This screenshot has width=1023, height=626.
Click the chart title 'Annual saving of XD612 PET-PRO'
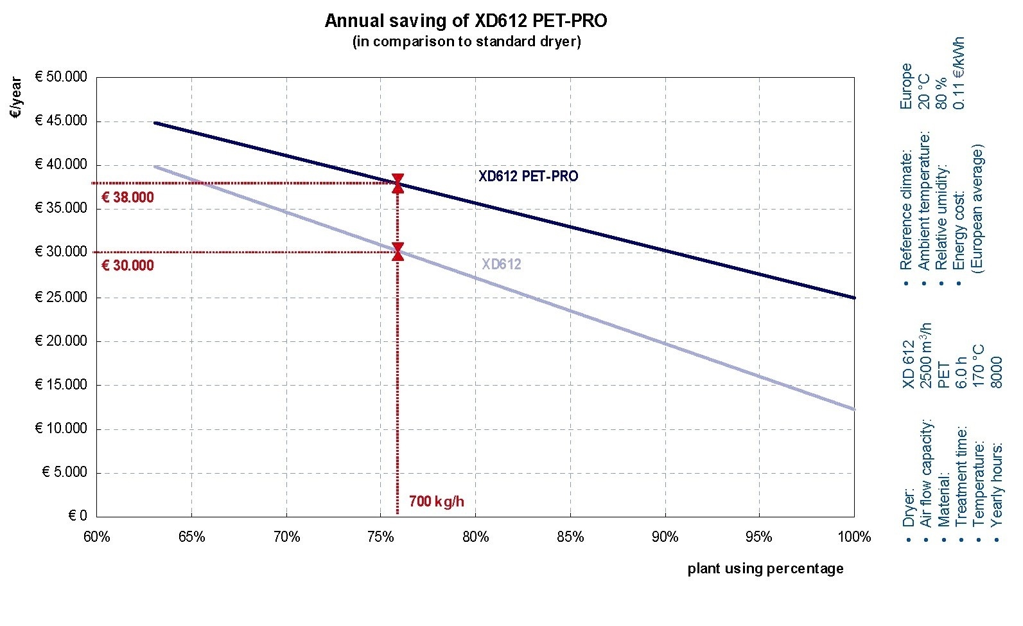click(x=466, y=21)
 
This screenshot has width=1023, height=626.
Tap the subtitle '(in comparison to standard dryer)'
click(x=466, y=42)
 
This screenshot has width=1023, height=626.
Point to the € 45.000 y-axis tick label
click(x=61, y=121)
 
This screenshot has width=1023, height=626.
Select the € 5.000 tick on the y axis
click(x=64, y=472)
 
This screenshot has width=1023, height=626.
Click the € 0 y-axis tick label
click(x=77, y=516)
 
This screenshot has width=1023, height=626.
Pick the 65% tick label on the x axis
click(x=191, y=537)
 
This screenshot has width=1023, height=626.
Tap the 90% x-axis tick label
click(x=665, y=537)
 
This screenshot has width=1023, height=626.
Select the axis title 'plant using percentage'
click(x=765, y=568)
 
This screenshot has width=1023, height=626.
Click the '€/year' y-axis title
click(x=16, y=98)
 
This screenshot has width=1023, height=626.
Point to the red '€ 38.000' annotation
click(x=128, y=198)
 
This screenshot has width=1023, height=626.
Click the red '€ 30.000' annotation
click(x=128, y=266)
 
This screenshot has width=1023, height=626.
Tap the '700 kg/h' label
click(x=436, y=502)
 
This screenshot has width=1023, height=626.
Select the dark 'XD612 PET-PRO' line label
click(x=528, y=176)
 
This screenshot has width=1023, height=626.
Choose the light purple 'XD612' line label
click(x=502, y=264)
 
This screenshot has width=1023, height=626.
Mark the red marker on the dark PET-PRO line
click(x=398, y=183)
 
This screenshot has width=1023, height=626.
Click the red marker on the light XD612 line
click(x=398, y=252)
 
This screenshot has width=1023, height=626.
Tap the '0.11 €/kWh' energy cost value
click(x=959, y=73)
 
